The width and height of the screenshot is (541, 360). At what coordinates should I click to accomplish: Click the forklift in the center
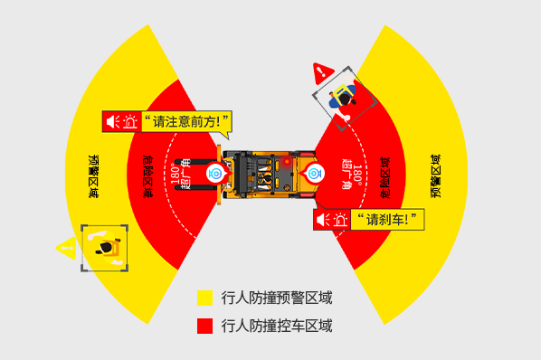point(267,173)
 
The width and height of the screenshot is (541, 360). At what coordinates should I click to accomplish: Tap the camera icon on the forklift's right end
point(316,172)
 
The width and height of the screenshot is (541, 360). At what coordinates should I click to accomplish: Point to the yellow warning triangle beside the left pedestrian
point(65,246)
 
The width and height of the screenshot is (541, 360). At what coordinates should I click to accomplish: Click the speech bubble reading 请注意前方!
point(187,121)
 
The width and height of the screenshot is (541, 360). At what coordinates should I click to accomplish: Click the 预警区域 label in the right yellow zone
point(438,177)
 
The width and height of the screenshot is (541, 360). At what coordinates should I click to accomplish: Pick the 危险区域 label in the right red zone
point(386,175)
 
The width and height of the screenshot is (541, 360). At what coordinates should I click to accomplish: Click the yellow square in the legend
point(204,298)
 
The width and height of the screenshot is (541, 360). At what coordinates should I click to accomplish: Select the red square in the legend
point(204,326)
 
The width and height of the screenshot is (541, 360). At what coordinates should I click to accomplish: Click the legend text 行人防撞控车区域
point(276,326)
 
